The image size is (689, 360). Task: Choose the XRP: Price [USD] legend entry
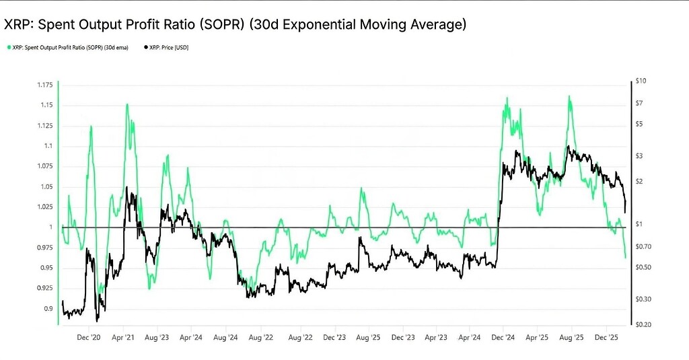click(168, 48)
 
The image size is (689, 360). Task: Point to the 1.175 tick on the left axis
click(45, 85)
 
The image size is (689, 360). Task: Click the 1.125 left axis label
click(45, 126)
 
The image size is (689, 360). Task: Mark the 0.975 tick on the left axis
click(45, 248)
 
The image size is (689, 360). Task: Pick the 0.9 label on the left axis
click(48, 309)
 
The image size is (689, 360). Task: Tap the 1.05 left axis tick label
click(46, 186)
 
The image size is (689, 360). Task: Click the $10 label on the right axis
click(641, 81)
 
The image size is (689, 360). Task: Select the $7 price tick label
click(639, 103)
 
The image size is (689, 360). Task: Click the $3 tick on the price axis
click(639, 155)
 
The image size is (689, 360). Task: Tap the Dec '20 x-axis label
click(89, 338)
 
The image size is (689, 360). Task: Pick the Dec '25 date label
click(607, 338)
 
